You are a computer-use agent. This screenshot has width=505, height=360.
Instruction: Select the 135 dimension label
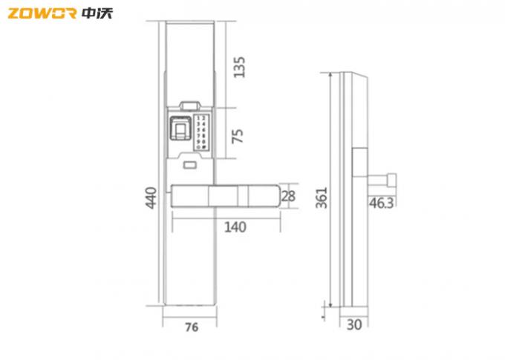(238, 67)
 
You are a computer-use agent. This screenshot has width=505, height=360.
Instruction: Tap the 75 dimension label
(238, 135)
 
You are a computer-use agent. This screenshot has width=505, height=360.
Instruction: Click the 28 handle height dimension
(290, 196)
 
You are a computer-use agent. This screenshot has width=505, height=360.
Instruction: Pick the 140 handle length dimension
(235, 227)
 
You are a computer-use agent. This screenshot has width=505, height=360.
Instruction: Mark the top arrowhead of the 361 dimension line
(328, 76)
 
